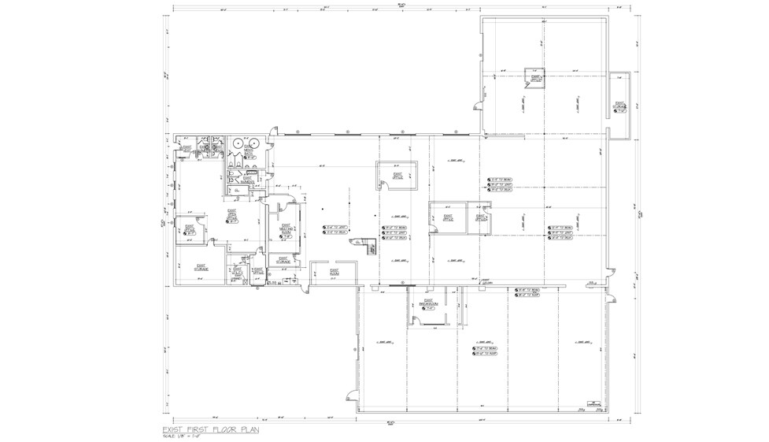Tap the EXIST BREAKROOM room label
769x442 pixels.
[x=428, y=303]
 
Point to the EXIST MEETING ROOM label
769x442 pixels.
[x=287, y=228]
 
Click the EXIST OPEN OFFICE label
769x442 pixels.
[x=232, y=215]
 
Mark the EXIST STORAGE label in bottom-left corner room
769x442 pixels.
[x=201, y=268]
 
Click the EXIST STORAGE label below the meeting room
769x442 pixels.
[x=283, y=260]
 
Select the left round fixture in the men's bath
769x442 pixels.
[x=238, y=143]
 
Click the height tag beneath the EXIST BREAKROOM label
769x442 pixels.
[x=428, y=309]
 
